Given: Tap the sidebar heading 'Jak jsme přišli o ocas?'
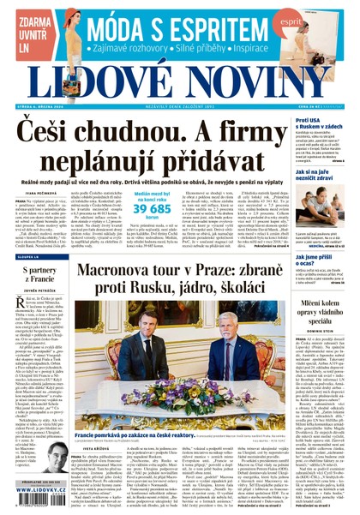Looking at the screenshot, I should [318, 260].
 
